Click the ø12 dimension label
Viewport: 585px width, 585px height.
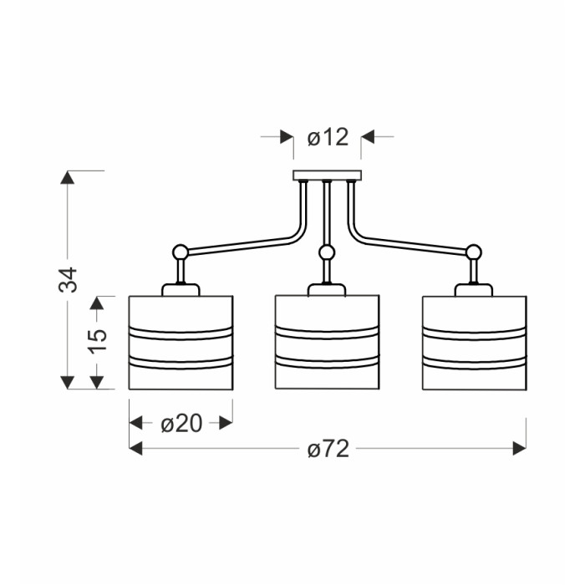328,137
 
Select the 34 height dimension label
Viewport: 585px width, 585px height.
68,280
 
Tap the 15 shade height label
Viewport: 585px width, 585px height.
98,340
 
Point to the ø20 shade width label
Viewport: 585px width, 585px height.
181,424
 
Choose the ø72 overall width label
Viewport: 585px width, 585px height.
328,449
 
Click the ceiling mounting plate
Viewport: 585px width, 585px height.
328,175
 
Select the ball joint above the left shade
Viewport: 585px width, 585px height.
181,252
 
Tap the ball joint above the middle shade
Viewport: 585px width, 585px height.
327,252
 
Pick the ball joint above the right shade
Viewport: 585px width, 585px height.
474,252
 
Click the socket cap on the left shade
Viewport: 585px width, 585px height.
181,290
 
